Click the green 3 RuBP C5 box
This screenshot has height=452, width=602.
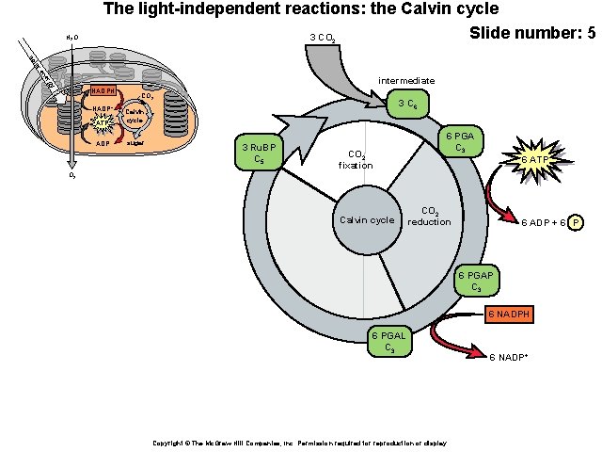click(x=258, y=153)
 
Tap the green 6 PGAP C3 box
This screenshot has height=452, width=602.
click(x=476, y=281)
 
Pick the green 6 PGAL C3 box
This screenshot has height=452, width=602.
click(x=388, y=342)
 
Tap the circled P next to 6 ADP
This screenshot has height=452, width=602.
click(x=576, y=222)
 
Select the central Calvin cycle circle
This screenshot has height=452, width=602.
click(x=367, y=220)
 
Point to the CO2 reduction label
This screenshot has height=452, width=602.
click(x=429, y=217)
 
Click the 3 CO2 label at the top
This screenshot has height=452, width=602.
click(x=325, y=39)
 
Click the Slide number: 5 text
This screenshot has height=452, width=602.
click(x=531, y=34)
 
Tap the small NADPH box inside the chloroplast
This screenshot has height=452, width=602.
click(x=104, y=90)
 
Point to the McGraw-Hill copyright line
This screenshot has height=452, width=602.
click(x=299, y=443)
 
